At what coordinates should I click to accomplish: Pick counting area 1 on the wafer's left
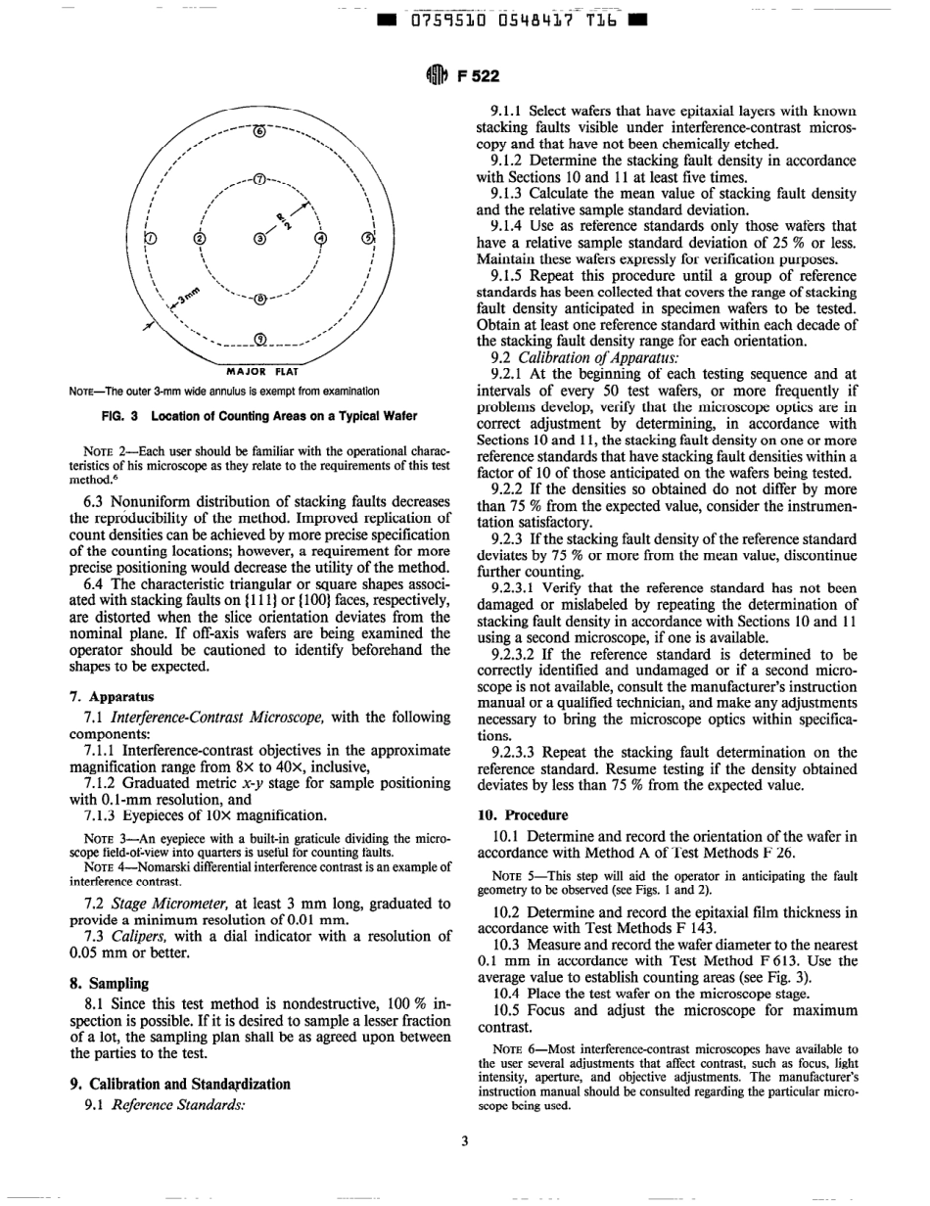click(x=150, y=238)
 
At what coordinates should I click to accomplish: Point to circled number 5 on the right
click(x=367, y=238)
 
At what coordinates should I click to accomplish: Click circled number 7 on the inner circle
click(x=258, y=179)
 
